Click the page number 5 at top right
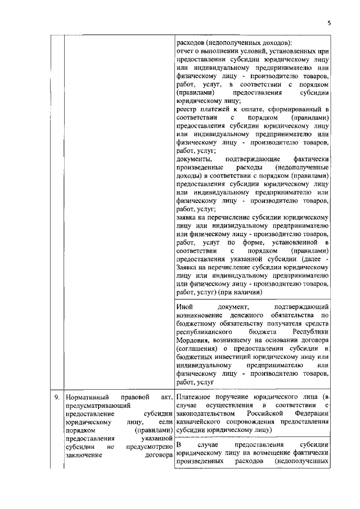click(x=329, y=23)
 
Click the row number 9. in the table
click(x=57, y=398)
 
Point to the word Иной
click(x=184, y=308)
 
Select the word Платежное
click(x=194, y=398)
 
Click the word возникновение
click(x=201, y=316)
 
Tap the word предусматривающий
click(x=98, y=406)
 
